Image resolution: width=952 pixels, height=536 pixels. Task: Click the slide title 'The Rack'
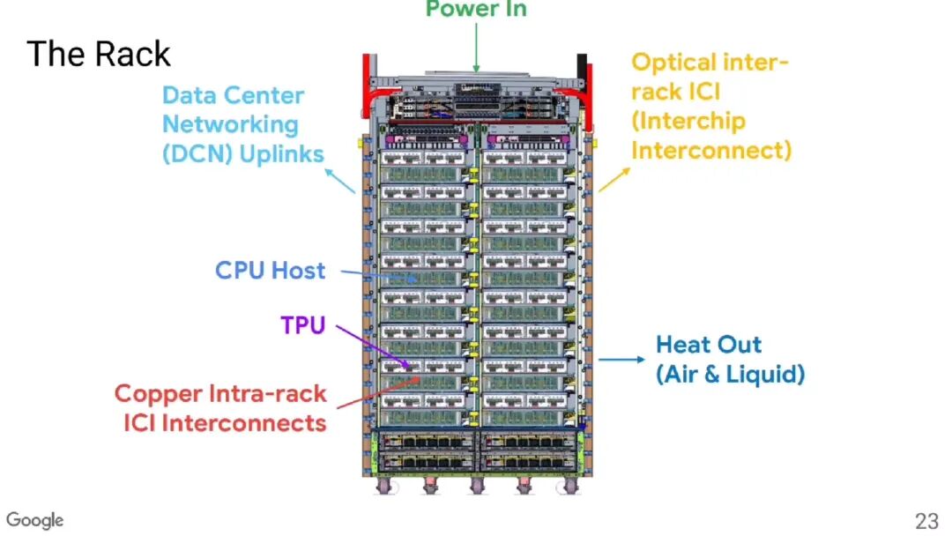point(99,54)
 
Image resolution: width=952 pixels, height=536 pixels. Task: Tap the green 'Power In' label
point(476,9)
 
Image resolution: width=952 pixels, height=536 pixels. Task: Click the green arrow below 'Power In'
point(476,48)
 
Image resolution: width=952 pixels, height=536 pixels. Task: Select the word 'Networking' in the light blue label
point(230,125)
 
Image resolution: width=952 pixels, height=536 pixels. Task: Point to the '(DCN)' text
point(197,154)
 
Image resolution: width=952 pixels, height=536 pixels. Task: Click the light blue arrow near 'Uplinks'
point(340,181)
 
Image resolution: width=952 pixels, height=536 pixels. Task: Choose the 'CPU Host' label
point(271,270)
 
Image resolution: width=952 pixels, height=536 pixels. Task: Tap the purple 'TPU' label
point(303,325)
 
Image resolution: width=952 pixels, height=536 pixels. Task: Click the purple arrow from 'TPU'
point(373,347)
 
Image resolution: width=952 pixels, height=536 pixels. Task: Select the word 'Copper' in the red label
point(155,394)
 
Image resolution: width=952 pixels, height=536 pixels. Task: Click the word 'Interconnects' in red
point(243,423)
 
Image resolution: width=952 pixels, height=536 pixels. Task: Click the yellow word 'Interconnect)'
point(711,150)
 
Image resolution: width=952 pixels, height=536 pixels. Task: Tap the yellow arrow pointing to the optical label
point(614,180)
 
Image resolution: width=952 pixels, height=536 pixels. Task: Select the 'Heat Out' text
point(709,345)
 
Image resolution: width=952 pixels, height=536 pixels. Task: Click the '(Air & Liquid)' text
point(731,374)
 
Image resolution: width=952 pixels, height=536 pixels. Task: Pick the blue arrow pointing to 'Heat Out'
point(621,360)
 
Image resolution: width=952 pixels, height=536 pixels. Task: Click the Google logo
point(34,520)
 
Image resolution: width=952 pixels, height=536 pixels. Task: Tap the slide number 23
point(927,521)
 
